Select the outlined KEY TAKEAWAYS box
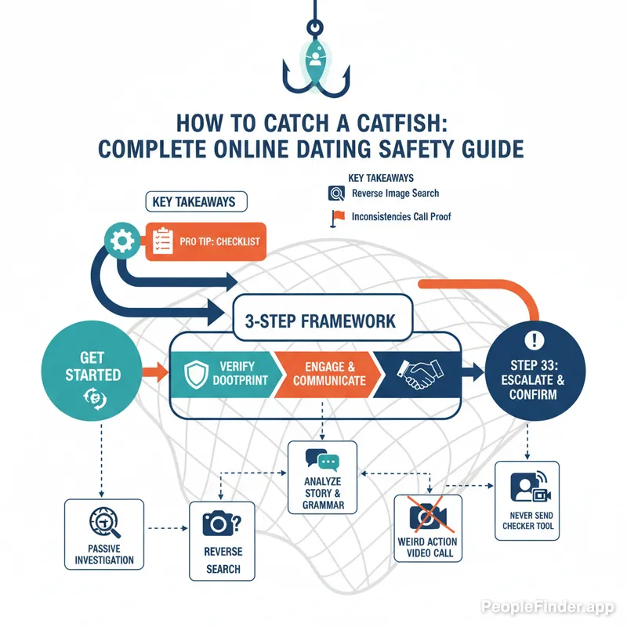195,201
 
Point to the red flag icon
337,217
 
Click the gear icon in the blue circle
125,241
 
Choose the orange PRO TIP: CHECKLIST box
207,241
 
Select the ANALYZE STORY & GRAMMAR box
322,477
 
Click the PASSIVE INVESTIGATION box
103,533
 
